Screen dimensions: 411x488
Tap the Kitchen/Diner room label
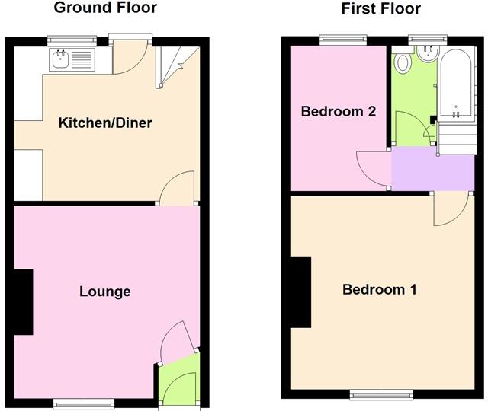[x=106, y=123]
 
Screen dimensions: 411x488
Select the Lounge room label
[x=105, y=292]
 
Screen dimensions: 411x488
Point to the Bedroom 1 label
[x=380, y=290]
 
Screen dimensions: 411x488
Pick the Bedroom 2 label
[x=338, y=112]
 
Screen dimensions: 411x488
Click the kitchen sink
[x=60, y=58]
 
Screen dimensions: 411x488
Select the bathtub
[x=454, y=84]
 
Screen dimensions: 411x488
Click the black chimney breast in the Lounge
[x=24, y=302]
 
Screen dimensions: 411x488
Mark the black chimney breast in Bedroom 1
[x=300, y=291]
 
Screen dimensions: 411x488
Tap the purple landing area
[x=431, y=169]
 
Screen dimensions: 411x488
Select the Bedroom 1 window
[x=380, y=394]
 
